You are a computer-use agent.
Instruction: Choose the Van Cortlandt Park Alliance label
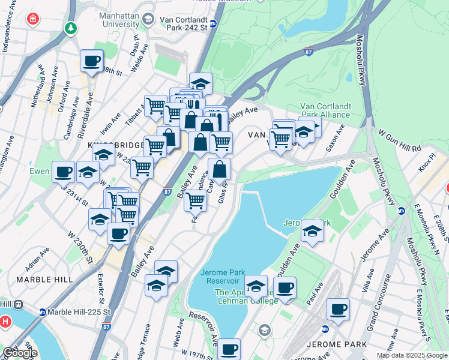(325, 110)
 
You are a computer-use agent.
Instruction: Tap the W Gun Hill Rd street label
(399, 140)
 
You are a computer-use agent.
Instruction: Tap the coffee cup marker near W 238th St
(92, 61)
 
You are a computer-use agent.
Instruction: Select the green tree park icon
(71, 28)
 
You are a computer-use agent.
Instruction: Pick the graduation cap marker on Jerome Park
(312, 231)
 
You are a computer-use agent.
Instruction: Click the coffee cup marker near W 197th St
(229, 349)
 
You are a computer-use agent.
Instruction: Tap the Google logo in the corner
(20, 352)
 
